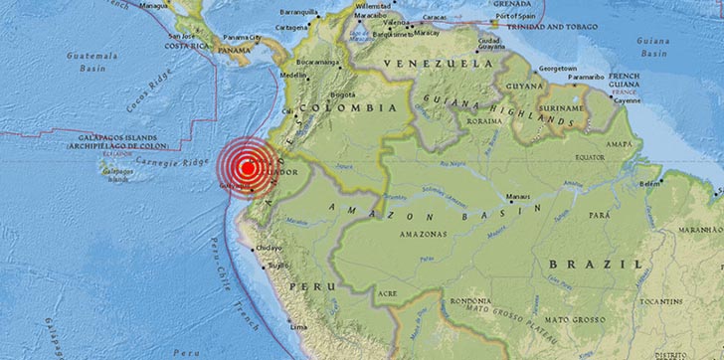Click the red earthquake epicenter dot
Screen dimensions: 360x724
click(245, 168)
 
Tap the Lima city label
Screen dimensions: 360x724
click(297, 326)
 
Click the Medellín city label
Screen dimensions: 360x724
click(295, 74)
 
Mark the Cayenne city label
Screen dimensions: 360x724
click(624, 99)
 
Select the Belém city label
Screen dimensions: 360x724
click(651, 183)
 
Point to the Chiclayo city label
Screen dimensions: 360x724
click(270, 248)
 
